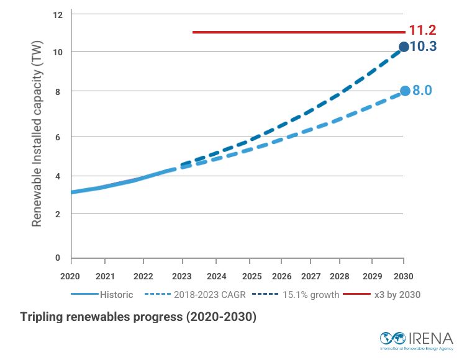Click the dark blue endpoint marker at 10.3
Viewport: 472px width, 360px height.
[404, 47]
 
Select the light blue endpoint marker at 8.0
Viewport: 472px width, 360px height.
[405, 91]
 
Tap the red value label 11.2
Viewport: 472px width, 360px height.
[422, 30]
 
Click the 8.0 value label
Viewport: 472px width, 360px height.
[422, 91]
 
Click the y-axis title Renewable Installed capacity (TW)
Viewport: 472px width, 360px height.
[37, 138]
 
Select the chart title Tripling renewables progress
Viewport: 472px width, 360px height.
[138, 317]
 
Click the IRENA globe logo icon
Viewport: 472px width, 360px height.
[393, 339]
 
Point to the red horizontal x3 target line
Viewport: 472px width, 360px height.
[298, 32]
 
